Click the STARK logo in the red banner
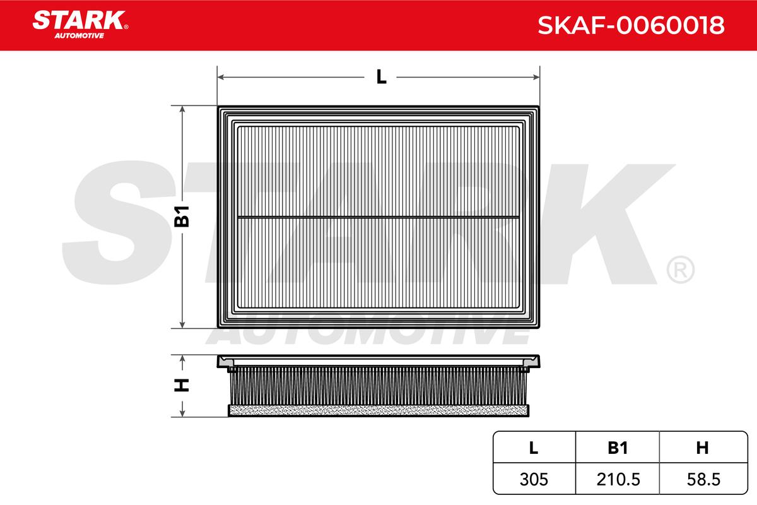pyautogui.click(x=79, y=20)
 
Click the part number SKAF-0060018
pyautogui.click(x=631, y=25)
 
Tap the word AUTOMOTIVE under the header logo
pyautogui.click(x=79, y=36)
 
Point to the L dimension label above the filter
pyautogui.click(x=381, y=77)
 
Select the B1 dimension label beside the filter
pyautogui.click(x=182, y=216)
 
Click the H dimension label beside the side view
pyautogui.click(x=182, y=385)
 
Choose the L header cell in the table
pyautogui.click(x=534, y=448)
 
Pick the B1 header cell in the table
pyautogui.click(x=618, y=448)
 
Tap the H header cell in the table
pyautogui.click(x=702, y=448)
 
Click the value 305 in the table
pyautogui.click(x=534, y=479)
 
